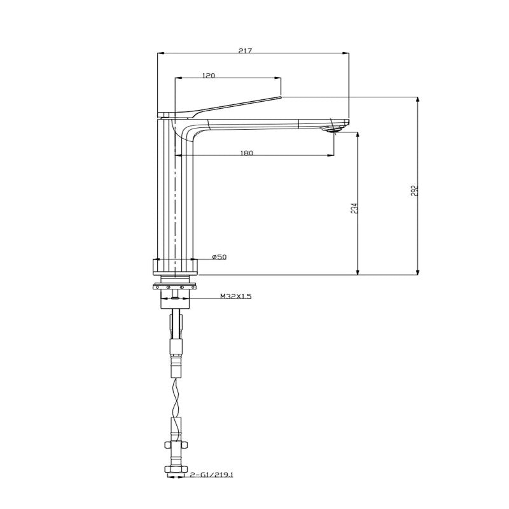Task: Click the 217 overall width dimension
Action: (244, 50)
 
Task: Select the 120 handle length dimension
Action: (208, 75)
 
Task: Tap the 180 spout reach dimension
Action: (247, 153)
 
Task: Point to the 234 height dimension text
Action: (354, 208)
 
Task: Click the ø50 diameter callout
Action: (219, 257)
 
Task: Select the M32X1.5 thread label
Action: (235, 296)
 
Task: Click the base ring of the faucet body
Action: (175, 267)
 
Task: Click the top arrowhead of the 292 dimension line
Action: (417, 100)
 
